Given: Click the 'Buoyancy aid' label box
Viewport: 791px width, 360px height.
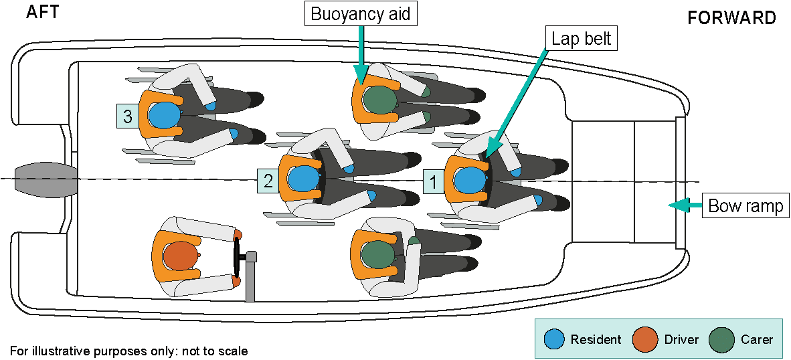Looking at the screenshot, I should [361, 13].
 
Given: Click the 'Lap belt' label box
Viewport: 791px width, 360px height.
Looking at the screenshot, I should [581, 38].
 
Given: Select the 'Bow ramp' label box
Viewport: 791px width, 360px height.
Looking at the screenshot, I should [745, 205].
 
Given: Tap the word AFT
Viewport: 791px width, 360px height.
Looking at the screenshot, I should [41, 12].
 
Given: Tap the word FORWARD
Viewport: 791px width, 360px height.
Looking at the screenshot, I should [731, 18].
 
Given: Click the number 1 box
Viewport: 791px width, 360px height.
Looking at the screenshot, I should [434, 181].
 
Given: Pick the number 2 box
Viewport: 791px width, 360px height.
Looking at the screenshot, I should [268, 180].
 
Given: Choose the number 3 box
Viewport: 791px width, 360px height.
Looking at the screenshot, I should [127, 116].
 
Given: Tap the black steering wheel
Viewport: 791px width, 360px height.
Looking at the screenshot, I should [236, 256].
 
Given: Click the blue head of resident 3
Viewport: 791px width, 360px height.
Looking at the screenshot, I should [164, 115].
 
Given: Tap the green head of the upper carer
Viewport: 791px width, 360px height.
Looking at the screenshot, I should [379, 100].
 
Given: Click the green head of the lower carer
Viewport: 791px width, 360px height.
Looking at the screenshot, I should [379, 255].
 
